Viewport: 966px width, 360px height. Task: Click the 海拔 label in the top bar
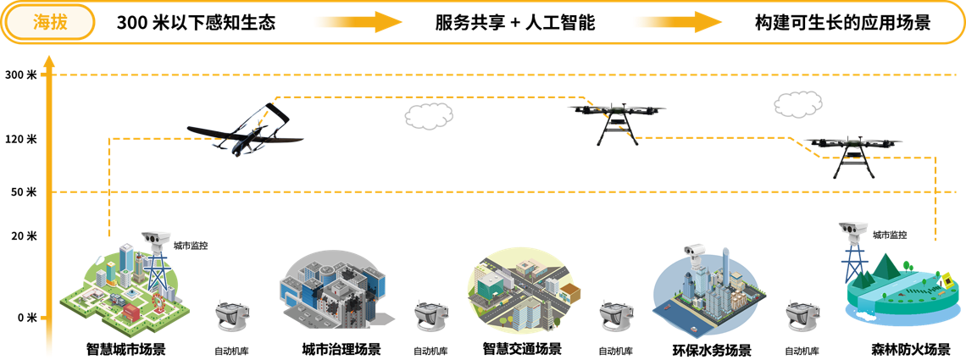point(49,22)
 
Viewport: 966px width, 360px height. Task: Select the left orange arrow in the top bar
point(358,22)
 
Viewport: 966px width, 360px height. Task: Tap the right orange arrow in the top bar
point(678,22)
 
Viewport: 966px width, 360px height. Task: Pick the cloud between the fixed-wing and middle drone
point(429,116)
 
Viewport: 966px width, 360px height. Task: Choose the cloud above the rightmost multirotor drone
point(798,104)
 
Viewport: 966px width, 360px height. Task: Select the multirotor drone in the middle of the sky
point(617,118)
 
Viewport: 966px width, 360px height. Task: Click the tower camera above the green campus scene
point(154,238)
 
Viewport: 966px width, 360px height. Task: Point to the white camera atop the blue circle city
point(695,252)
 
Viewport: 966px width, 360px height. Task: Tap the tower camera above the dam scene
point(852,231)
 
